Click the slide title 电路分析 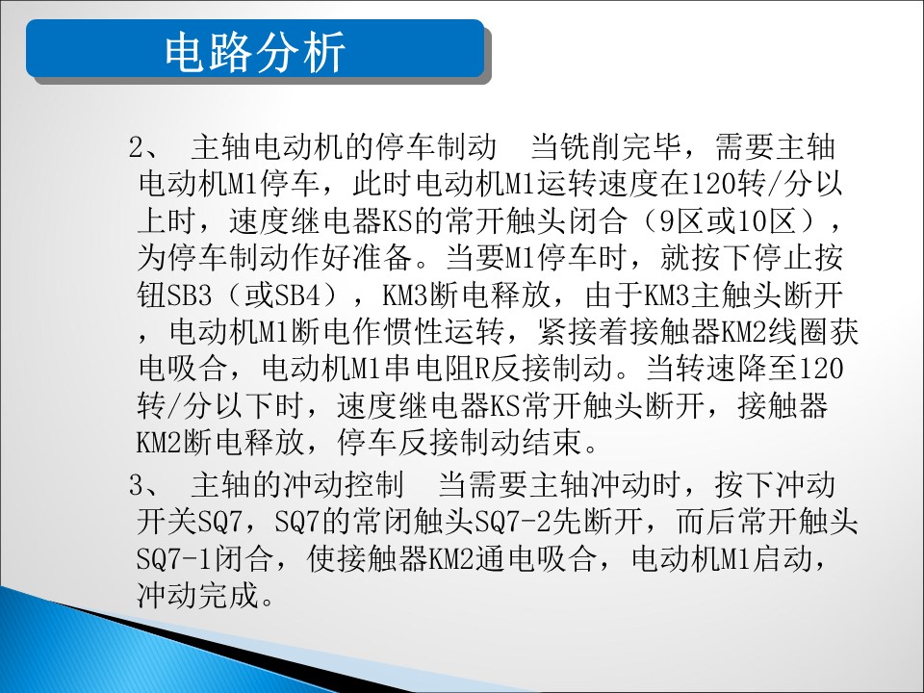pyautogui.click(x=254, y=52)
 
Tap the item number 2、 pyautogui.click(x=143, y=146)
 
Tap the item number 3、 pyautogui.click(x=143, y=485)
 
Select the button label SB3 pyautogui.click(x=190, y=295)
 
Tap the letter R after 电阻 pyautogui.click(x=482, y=369)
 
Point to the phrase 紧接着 pyautogui.click(x=583, y=332)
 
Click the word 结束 pyautogui.click(x=552, y=442)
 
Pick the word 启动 pyautogui.click(x=783, y=558)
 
